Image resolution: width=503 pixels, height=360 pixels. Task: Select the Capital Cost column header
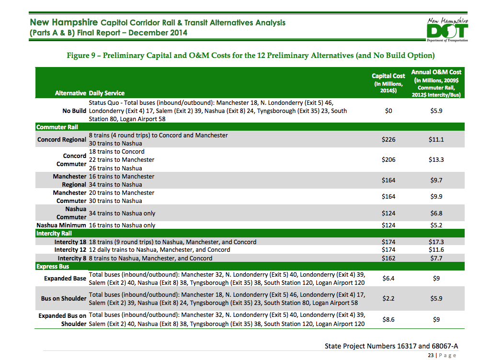(389, 83)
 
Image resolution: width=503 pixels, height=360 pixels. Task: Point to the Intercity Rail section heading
(54, 234)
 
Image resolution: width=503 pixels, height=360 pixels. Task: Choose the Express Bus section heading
(53, 267)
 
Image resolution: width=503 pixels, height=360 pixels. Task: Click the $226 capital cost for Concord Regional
(389, 139)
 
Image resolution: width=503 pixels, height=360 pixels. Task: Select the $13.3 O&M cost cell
(436, 160)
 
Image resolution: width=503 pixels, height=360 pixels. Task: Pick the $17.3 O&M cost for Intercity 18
(436, 242)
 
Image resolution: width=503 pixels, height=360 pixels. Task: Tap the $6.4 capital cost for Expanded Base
(389, 278)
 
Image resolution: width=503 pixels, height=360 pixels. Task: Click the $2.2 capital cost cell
(389, 298)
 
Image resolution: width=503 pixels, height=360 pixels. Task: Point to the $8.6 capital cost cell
(389, 319)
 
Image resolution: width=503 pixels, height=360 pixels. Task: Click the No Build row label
(74, 111)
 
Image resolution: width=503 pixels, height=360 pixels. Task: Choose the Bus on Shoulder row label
(64, 299)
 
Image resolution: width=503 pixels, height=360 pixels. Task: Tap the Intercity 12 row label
(70, 250)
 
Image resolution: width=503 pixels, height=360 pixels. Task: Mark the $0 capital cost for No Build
(389, 111)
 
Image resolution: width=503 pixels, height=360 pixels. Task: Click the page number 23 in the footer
(431, 355)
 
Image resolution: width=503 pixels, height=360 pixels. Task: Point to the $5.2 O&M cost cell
(436, 225)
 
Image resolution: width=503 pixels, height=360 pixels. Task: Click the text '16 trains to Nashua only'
(122, 225)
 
